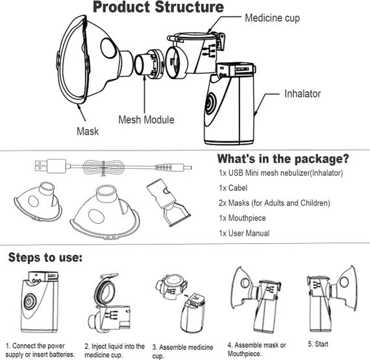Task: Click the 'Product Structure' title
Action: [158, 7]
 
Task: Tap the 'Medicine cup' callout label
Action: [273, 18]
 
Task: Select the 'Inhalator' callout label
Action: [302, 93]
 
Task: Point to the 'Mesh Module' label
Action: [146, 119]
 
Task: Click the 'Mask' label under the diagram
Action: [88, 131]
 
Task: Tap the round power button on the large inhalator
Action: [210, 103]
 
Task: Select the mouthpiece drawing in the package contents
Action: [168, 202]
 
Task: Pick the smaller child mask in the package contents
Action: [38, 202]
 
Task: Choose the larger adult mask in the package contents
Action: [105, 211]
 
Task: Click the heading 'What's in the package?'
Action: [282, 159]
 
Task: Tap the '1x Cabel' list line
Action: [233, 188]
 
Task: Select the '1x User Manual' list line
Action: [244, 233]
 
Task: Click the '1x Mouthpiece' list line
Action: [242, 218]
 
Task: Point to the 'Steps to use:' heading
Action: [45, 258]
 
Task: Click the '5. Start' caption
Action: [318, 344]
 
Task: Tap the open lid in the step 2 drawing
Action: [105, 289]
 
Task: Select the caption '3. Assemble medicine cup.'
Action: [182, 352]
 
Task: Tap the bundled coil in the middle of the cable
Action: [103, 167]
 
